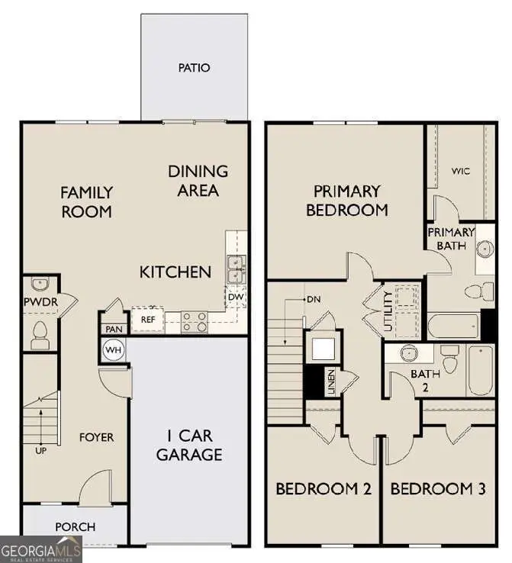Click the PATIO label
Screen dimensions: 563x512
[194, 68]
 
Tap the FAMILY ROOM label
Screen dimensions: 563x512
[87, 201]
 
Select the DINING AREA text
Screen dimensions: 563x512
[198, 180]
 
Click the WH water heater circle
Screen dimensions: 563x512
[114, 350]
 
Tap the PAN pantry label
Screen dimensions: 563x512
[114, 329]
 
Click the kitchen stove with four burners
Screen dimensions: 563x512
[195, 322]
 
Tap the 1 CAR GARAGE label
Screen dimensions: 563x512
[189, 446]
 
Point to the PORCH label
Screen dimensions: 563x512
[75, 526]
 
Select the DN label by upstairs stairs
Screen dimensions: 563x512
[312, 300]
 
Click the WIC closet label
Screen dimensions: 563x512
[460, 171]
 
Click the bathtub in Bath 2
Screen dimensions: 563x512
[480, 371]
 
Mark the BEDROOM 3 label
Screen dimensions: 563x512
[437, 489]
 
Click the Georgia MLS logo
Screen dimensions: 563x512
[40, 549]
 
